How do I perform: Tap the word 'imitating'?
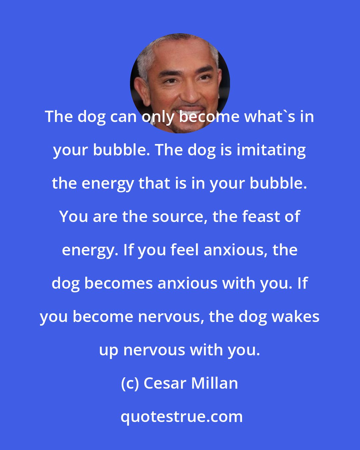271,150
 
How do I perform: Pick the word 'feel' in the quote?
185,250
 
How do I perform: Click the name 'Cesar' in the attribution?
165,384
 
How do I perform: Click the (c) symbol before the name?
130,384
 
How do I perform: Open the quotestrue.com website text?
181,417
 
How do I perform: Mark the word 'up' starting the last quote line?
109,350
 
